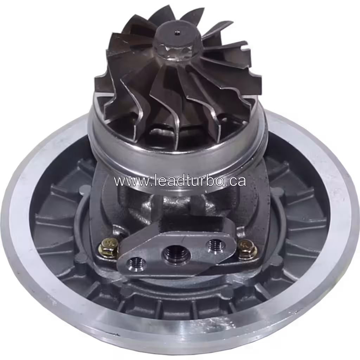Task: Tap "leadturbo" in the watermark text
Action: coord(182,181)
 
